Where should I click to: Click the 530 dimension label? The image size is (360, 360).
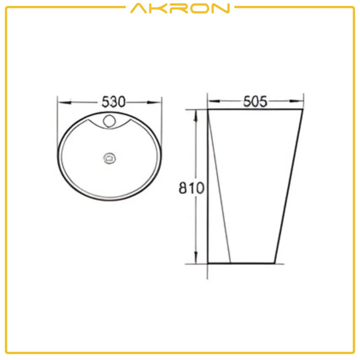(113, 102)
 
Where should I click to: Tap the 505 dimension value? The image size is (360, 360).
(255, 101)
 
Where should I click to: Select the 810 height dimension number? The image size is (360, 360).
(191, 188)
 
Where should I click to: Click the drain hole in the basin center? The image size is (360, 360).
(109, 158)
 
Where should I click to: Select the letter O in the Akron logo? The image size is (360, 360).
(200, 8)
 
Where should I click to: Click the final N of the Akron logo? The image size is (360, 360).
(221, 8)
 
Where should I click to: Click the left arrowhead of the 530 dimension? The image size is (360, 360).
(63, 102)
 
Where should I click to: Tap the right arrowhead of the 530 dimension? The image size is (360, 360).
(156, 102)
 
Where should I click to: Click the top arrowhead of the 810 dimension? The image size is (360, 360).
(196, 115)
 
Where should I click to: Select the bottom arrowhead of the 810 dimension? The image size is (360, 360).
(196, 257)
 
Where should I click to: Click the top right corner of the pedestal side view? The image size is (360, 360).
(303, 109)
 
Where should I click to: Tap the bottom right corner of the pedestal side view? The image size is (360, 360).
(275, 263)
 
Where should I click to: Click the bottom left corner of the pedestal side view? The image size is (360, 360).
(208, 263)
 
